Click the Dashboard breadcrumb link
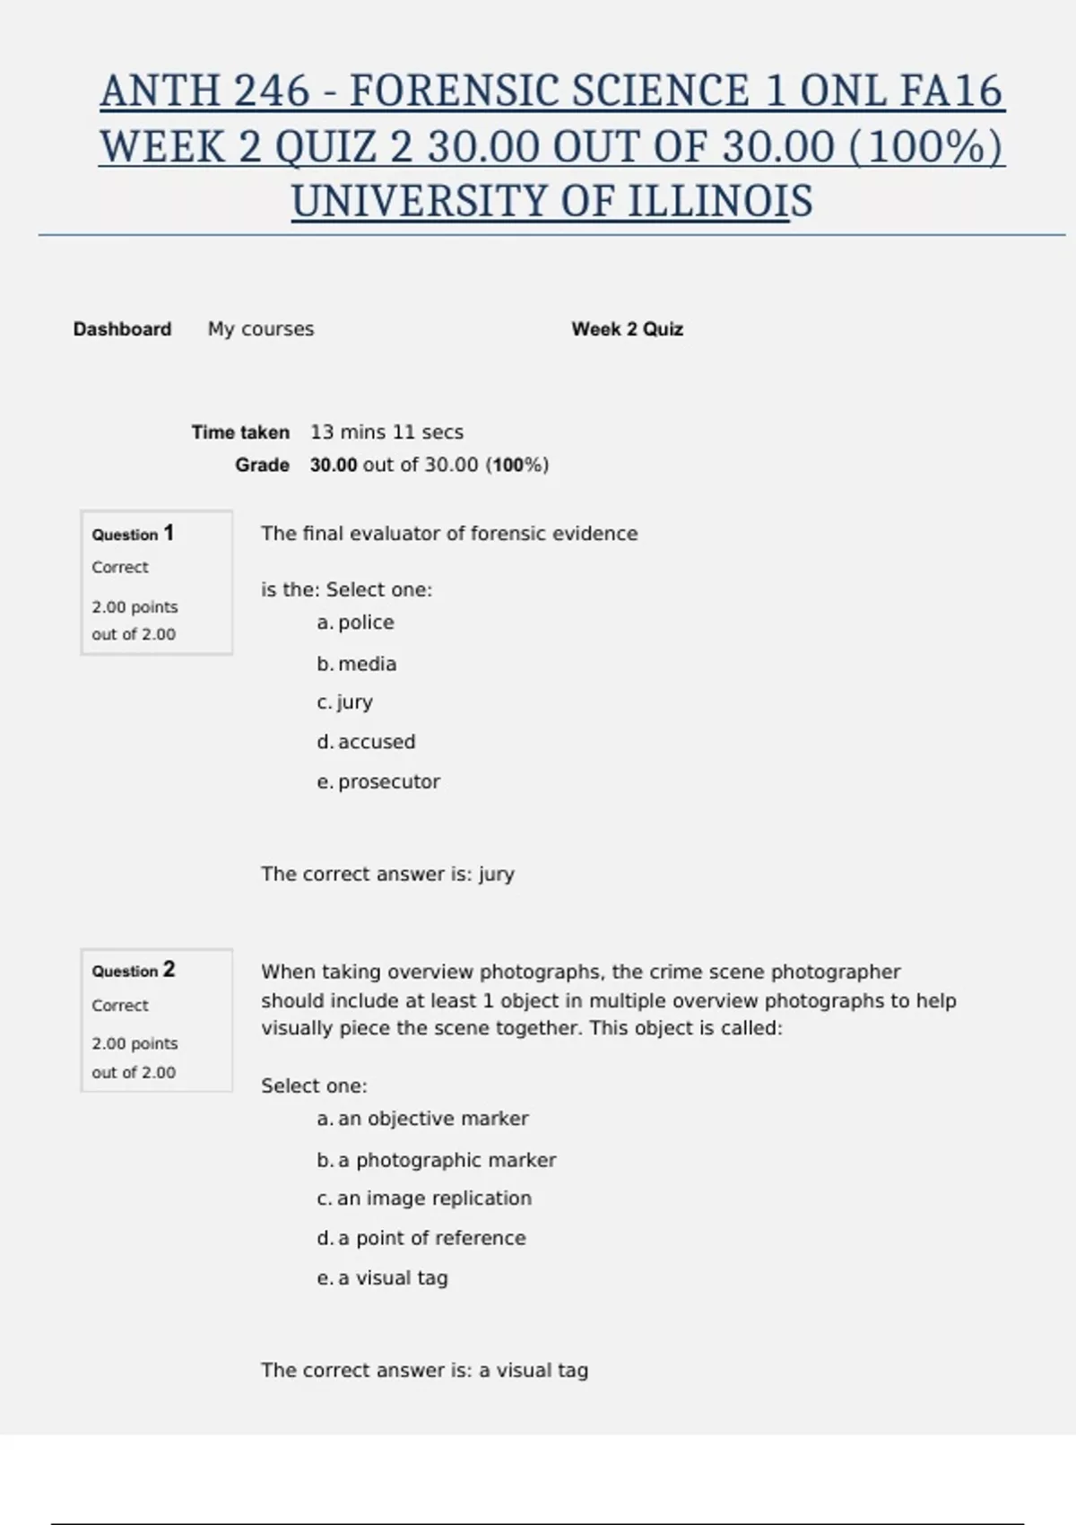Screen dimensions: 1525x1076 [122, 329]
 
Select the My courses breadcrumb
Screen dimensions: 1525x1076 [261, 329]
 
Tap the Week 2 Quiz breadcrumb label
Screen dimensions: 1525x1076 [627, 329]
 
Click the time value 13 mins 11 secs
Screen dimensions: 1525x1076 [386, 432]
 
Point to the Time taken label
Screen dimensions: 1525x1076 [240, 432]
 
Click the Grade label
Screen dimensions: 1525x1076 [262, 465]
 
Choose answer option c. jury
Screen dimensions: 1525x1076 [345, 702]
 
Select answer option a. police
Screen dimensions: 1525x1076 [356, 623]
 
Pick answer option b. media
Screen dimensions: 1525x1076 [357, 664]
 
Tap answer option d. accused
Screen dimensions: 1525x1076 [366, 742]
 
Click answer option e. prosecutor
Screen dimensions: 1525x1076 [378, 782]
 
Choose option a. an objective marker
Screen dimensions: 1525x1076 [422, 1119]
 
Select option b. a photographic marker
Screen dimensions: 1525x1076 [437, 1160]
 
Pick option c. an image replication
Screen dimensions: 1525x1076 [424, 1198]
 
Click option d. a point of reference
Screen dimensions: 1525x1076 [421, 1238]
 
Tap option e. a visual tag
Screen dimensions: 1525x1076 [382, 1278]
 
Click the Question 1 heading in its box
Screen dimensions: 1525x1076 [133, 534]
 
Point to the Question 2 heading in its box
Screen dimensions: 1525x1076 [133, 971]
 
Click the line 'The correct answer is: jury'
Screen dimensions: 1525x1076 [387, 874]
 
